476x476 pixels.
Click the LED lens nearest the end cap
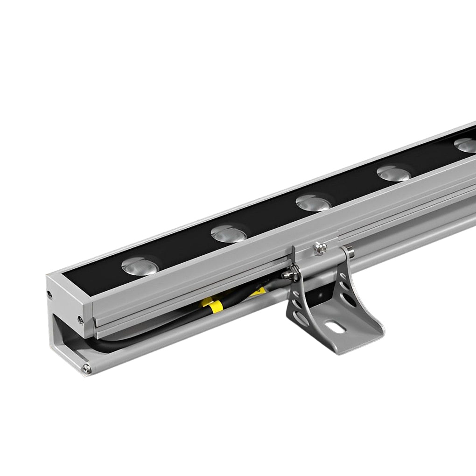140,267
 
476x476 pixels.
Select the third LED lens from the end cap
314,203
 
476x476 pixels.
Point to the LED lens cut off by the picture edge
467,145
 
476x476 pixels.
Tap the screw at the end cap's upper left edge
50,294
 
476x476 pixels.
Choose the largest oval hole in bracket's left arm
300,322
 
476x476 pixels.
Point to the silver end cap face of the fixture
65,322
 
